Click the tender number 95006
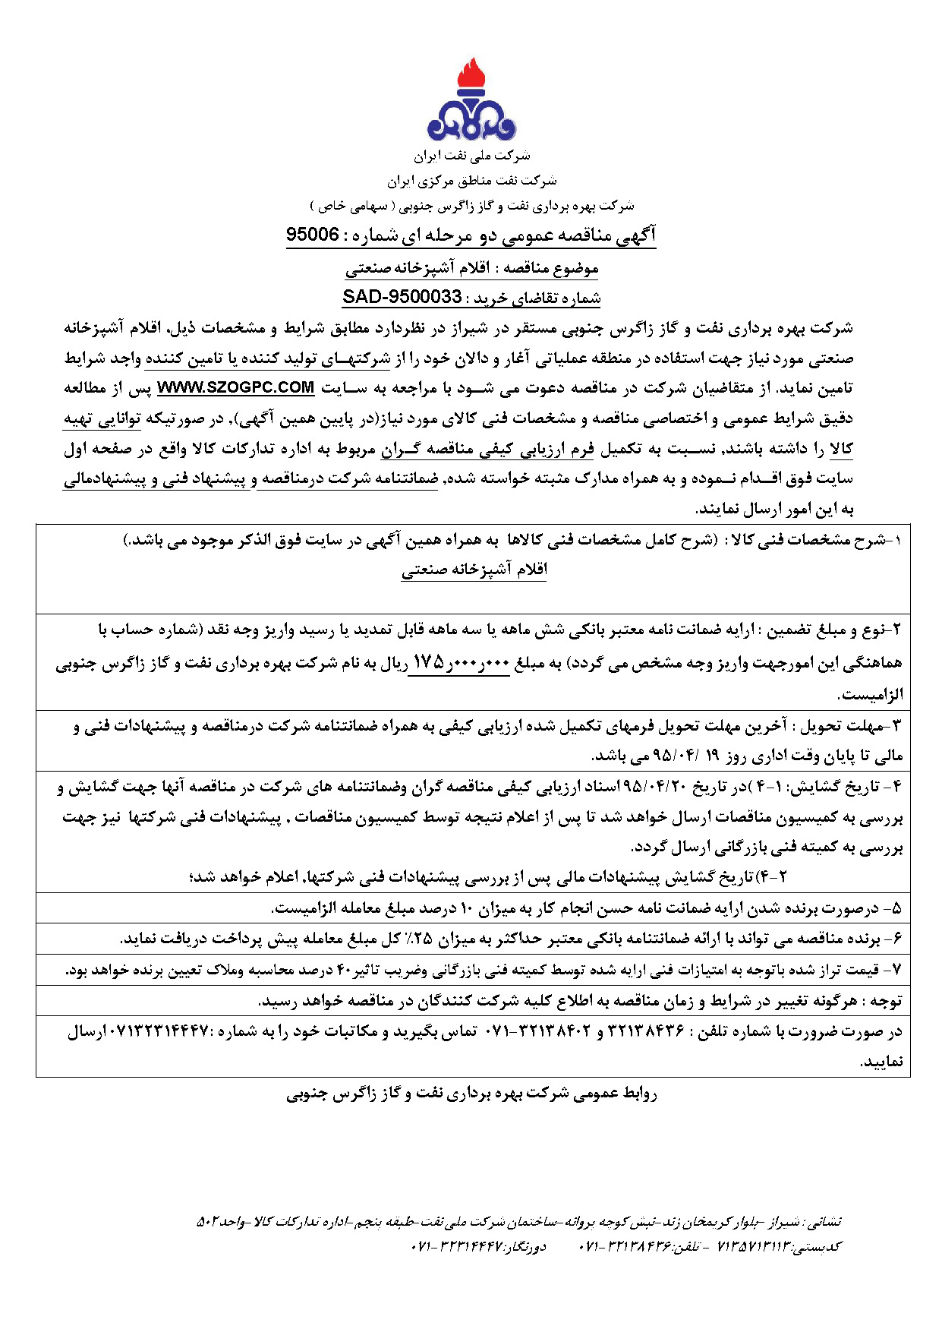point(312,235)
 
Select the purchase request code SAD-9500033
point(402,297)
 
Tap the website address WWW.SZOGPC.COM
point(235,387)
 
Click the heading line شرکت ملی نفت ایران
point(471,156)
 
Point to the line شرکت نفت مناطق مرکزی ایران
point(471,181)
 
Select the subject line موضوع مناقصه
point(471,268)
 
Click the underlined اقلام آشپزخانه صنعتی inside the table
point(474,570)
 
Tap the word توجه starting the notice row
point(885,1001)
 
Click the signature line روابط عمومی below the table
point(471,1094)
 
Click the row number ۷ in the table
point(896,971)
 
